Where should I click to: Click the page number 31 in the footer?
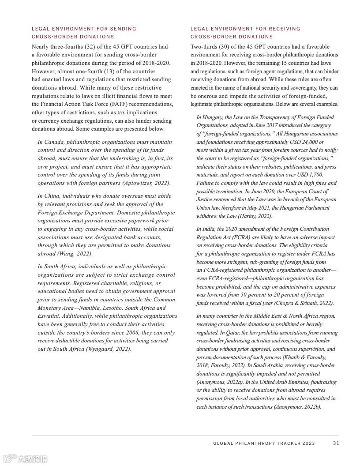pos(336,443)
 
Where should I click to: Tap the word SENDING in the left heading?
pos(123,29)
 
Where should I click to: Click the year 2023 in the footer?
pos(309,443)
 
